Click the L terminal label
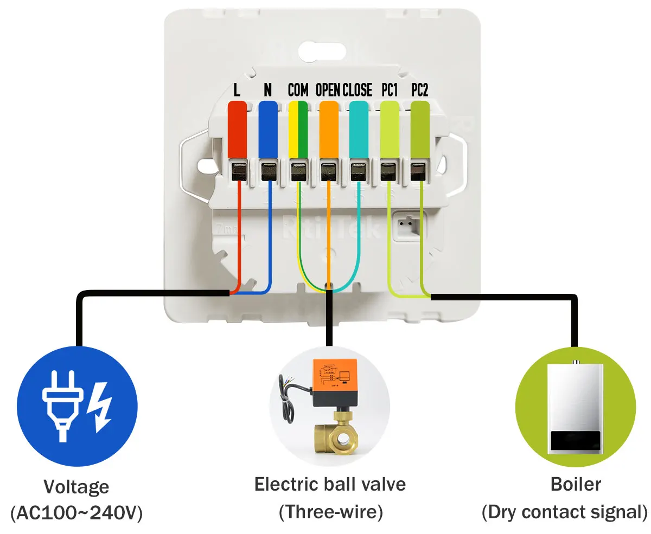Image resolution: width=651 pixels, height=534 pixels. (237, 90)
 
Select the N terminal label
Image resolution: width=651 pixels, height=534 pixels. (267, 90)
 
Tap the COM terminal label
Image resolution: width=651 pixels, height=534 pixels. (298, 90)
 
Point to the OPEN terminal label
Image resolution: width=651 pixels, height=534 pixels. (328, 90)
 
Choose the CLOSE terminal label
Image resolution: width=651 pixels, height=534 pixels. (358, 90)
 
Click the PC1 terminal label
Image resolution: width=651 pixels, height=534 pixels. (389, 90)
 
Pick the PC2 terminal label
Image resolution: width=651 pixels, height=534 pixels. (419, 90)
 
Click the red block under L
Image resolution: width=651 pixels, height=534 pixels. (237, 130)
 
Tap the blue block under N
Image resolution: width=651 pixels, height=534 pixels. (267, 130)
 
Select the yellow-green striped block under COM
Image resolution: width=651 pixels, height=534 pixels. (298, 130)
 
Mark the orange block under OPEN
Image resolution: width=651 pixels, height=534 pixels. (328, 130)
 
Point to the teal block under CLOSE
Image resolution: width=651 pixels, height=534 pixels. (359, 130)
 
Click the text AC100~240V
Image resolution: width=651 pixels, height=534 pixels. (76, 512)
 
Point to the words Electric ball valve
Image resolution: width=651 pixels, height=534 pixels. (330, 484)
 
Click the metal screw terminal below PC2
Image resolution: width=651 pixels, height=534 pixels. (418, 172)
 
